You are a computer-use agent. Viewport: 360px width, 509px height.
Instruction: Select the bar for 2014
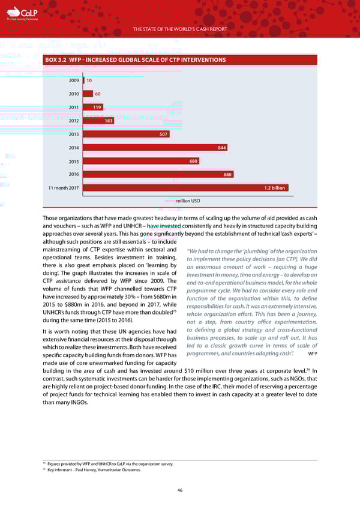click(x=156, y=148)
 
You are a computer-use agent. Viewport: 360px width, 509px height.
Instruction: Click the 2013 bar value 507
click(x=163, y=134)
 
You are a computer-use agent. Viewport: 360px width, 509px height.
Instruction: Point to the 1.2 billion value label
click(x=274, y=188)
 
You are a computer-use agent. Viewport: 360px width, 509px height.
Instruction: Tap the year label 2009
click(x=74, y=80)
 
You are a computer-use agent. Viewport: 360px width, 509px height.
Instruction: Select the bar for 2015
click(x=142, y=161)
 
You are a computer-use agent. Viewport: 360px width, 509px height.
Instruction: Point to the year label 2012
click(x=74, y=121)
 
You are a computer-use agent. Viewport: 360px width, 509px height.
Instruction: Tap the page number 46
click(x=179, y=490)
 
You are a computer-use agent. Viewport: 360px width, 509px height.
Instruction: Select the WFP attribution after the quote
click(x=311, y=354)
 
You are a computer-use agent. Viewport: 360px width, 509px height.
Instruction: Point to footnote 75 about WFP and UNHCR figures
click(x=110, y=463)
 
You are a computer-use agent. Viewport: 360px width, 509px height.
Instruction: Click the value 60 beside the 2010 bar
click(x=97, y=94)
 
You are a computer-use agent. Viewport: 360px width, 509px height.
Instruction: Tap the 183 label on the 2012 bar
click(x=109, y=121)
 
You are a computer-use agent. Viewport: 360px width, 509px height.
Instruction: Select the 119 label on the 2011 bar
click(x=97, y=107)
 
